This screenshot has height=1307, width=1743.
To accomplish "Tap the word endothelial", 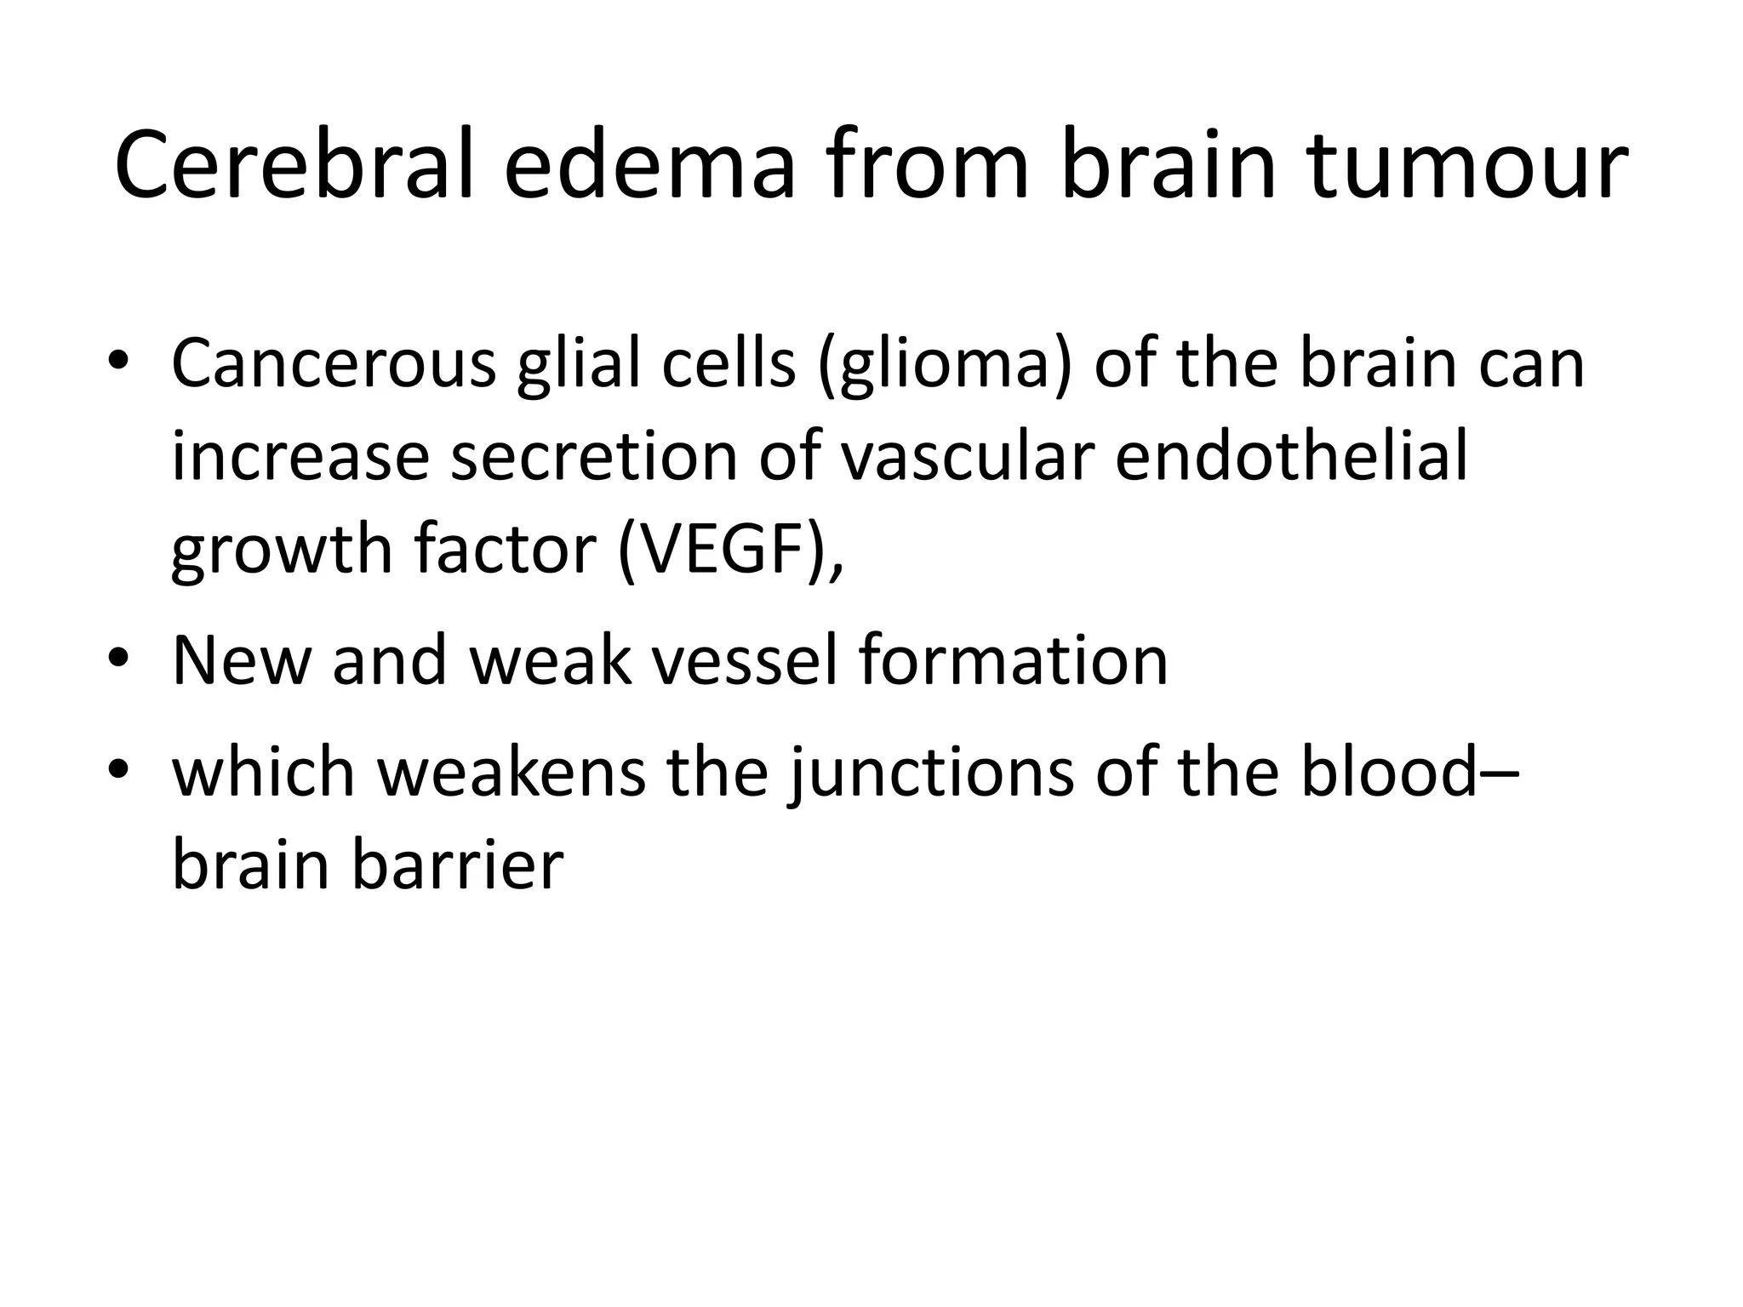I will click(x=1291, y=455).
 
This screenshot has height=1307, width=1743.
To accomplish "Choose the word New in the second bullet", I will click(x=241, y=660).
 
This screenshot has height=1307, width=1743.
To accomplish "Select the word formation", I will click(x=1013, y=660).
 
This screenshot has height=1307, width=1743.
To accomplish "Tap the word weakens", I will click(x=511, y=772).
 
